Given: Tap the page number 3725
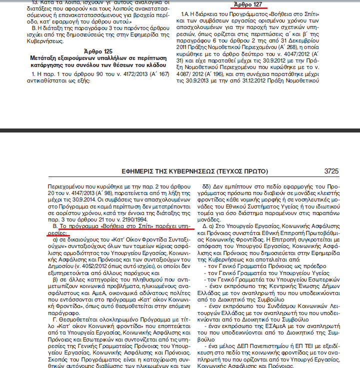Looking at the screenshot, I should tap(332, 171).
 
